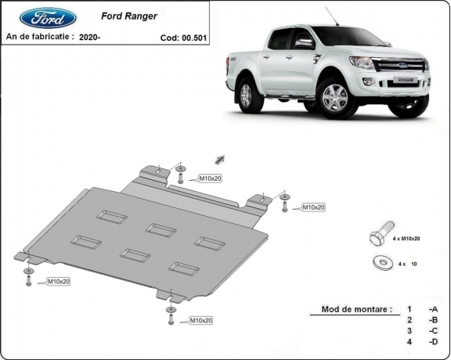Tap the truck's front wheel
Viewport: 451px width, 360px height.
point(336,97)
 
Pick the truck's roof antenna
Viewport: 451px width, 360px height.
point(329,16)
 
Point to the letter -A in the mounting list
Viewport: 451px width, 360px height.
point(432,309)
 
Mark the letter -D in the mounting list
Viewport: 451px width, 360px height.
point(432,342)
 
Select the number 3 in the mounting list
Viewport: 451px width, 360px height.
point(409,331)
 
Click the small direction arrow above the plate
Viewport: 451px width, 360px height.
point(221,158)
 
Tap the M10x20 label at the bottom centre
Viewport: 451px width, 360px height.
point(200,321)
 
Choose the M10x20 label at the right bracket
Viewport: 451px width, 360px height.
point(313,207)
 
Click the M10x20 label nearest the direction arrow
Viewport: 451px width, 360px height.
point(210,179)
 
